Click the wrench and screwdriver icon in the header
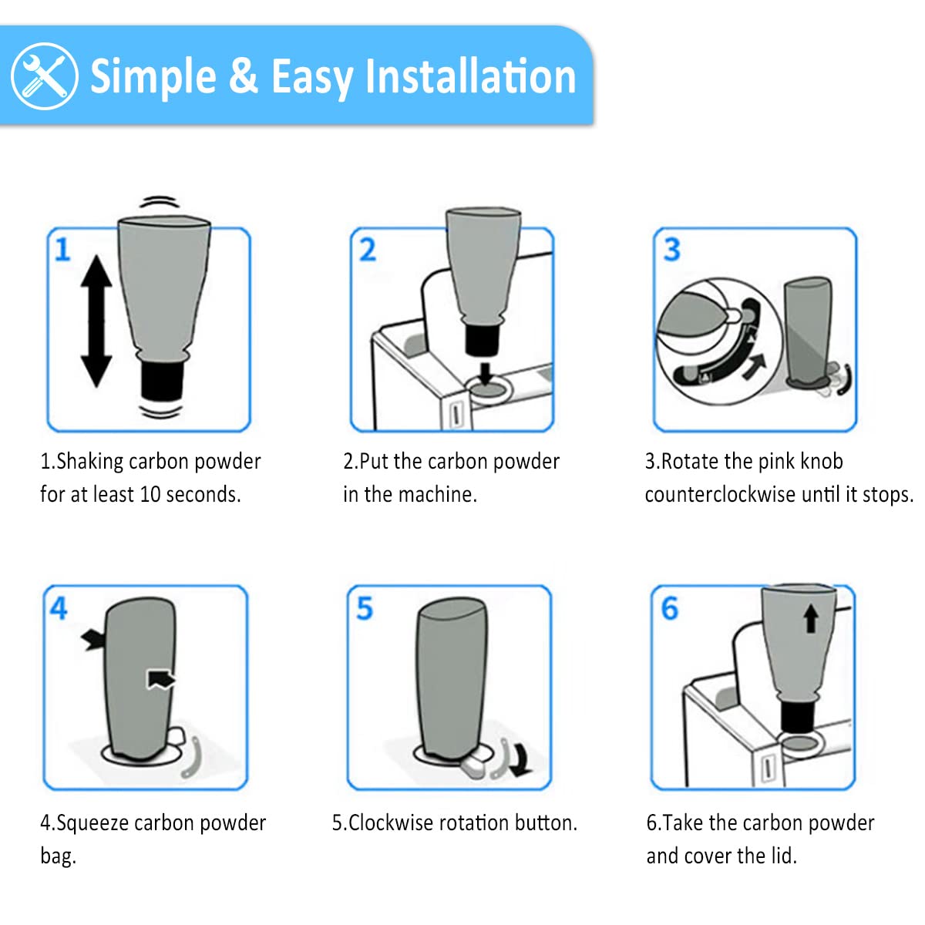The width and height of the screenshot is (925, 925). (44, 76)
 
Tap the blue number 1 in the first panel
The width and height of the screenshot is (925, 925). (62, 250)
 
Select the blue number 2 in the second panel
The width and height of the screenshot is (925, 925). (368, 250)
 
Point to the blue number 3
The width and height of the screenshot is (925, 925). (671, 250)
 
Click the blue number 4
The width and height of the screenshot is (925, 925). (59, 608)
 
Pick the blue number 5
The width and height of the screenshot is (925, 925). (365, 608)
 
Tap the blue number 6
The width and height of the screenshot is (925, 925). (670, 608)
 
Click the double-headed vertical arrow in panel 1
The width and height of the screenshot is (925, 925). (96, 321)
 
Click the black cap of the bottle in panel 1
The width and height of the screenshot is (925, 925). (162, 380)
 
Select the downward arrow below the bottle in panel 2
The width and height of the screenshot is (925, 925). (486, 374)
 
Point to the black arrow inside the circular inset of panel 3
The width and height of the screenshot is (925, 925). (755, 366)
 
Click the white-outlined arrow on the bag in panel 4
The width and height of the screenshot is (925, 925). (160, 679)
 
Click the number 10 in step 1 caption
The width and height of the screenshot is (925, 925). (150, 494)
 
